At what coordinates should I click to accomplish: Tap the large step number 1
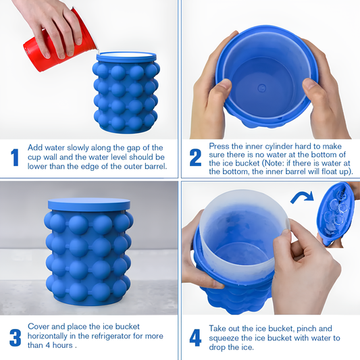pos(15,157)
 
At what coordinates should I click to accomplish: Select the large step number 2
pos(195,157)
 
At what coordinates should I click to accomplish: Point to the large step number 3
pos(15,338)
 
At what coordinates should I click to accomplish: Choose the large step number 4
pos(195,338)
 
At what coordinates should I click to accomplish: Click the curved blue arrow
pos(302,197)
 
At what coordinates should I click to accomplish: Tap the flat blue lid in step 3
pos(89,205)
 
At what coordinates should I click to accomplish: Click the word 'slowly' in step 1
pos(78,148)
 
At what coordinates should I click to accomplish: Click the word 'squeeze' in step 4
pos(224,338)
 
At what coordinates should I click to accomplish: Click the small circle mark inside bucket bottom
pos(261,88)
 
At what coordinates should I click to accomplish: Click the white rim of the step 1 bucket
pos(126,55)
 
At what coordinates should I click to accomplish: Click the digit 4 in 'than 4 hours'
pos(47,345)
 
